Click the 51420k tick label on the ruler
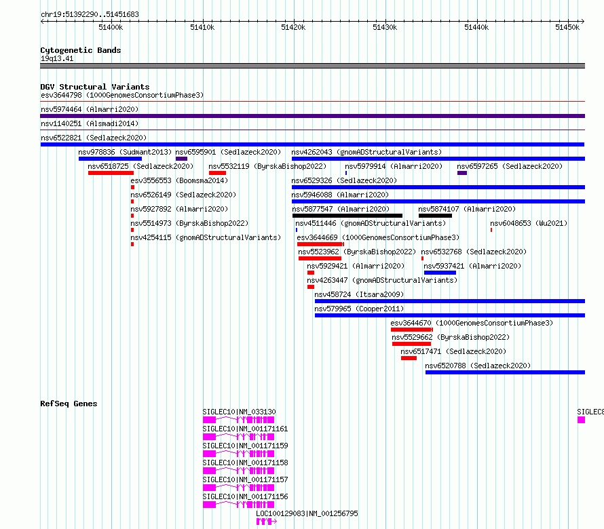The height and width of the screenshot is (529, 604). (x=293, y=27)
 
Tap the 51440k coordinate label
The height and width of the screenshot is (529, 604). (x=476, y=27)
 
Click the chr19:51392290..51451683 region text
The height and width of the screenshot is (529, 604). (x=90, y=15)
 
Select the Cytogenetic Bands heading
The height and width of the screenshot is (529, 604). (x=81, y=50)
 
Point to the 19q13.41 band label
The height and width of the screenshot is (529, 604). (x=57, y=58)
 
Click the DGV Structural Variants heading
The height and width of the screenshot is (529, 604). (x=95, y=87)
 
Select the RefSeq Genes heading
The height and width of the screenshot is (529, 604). (x=69, y=404)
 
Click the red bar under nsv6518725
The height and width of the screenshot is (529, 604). (x=111, y=173)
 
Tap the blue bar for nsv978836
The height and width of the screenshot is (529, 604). (x=110, y=159)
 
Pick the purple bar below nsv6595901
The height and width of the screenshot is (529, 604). (x=181, y=159)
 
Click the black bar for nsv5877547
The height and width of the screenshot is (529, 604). (x=347, y=216)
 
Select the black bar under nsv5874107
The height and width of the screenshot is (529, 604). (x=435, y=216)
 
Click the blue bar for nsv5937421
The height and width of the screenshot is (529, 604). (x=440, y=273)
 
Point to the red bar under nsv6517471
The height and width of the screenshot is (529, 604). (x=409, y=358)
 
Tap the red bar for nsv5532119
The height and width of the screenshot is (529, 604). (x=217, y=173)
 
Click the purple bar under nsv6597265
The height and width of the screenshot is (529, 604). (x=462, y=173)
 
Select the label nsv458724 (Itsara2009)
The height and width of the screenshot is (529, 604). (x=359, y=294)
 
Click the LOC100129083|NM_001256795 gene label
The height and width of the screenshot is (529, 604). (x=307, y=513)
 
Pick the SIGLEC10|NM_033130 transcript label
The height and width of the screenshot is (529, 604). (x=239, y=412)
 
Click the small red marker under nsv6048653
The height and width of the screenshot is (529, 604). (x=491, y=230)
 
